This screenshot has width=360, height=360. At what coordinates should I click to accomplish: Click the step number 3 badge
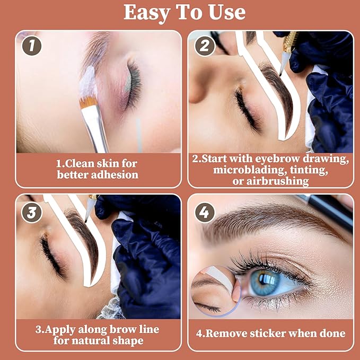tap(31, 212)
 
